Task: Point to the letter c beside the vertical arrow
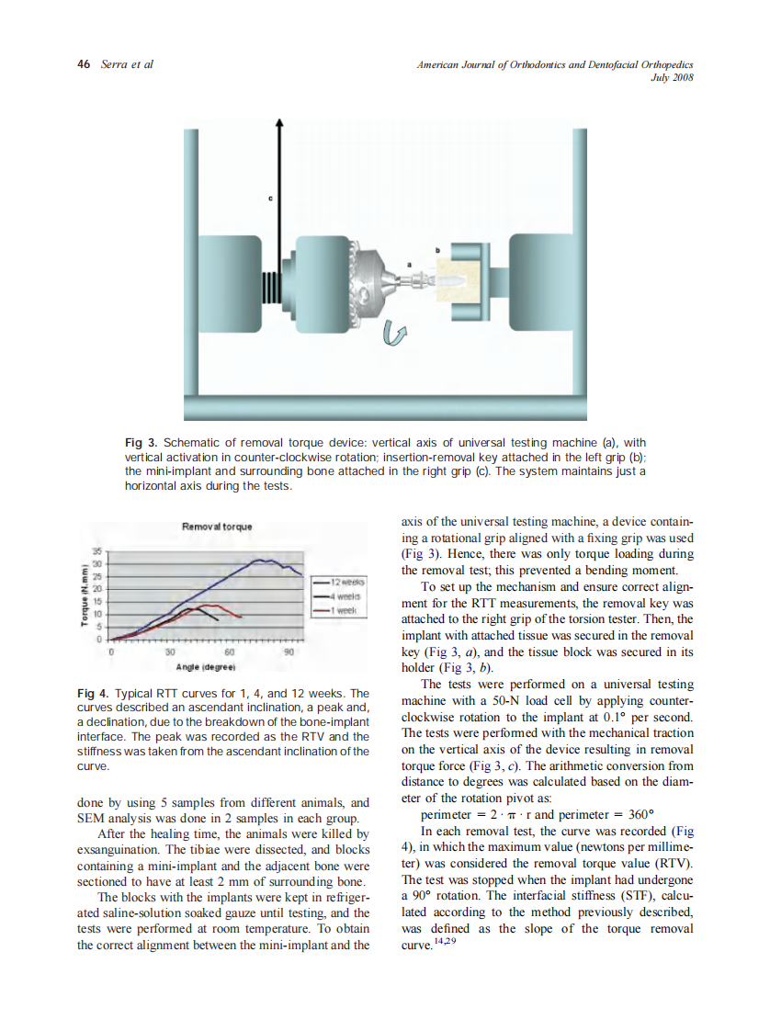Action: tap(270, 198)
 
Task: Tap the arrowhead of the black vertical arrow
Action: tap(279, 123)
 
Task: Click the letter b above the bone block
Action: tap(437, 248)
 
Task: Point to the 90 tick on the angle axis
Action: tap(288, 651)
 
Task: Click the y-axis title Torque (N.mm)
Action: tap(83, 597)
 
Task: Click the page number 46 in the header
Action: tap(84, 65)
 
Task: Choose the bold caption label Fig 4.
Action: tap(93, 693)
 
